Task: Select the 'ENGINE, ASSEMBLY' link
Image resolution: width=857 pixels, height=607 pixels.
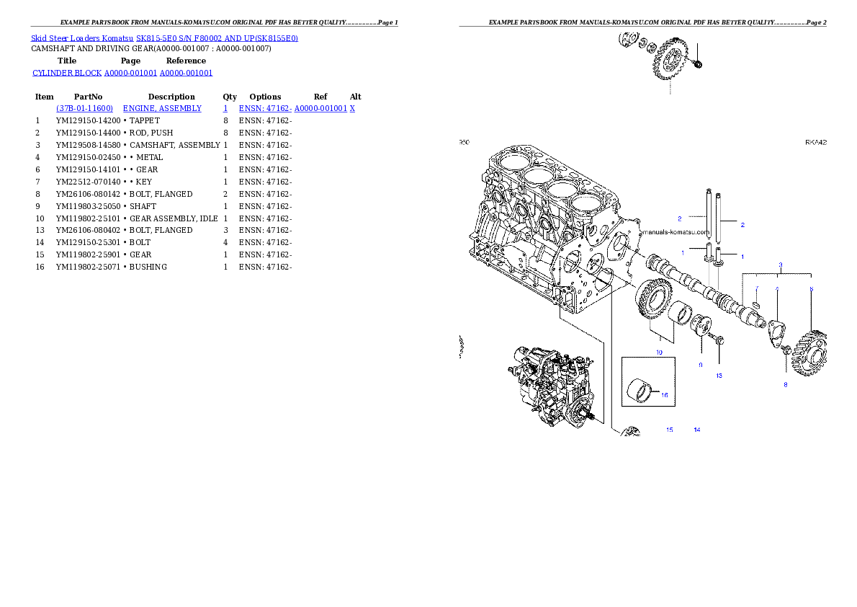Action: (162, 107)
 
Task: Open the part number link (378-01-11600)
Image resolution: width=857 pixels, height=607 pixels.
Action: (84, 107)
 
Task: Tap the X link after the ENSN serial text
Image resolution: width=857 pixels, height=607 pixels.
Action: (352, 107)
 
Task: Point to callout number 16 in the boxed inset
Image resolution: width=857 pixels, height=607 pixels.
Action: (664, 395)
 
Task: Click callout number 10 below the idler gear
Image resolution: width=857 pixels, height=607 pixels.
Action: (658, 352)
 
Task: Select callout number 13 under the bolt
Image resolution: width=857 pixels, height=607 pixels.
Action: (718, 376)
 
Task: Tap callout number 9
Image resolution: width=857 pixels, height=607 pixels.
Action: (700, 365)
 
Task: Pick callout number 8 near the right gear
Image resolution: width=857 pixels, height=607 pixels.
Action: (786, 384)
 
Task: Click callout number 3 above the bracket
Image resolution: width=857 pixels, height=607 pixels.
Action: (780, 265)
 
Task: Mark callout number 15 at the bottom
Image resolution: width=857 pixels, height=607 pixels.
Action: (669, 430)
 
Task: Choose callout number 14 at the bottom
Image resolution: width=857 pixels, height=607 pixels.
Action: (696, 430)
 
